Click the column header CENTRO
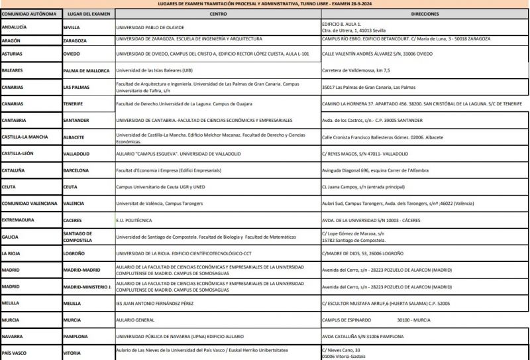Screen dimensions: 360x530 point(217,13)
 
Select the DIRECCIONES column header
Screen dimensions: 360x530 point(424,13)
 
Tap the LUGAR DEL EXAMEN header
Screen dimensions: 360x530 point(87,13)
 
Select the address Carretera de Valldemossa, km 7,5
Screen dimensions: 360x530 point(356,70)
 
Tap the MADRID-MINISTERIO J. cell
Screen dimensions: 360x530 point(86,286)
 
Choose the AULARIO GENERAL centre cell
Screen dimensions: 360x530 point(136,320)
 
